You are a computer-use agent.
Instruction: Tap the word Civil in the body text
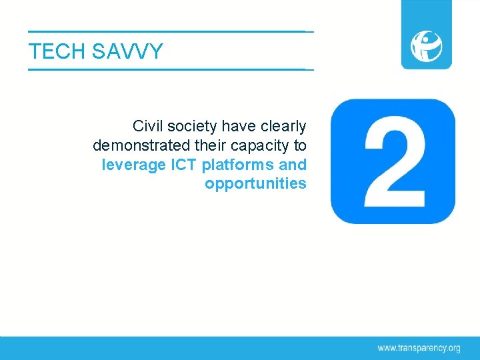point(146,125)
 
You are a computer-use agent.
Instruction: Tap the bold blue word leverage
point(134,164)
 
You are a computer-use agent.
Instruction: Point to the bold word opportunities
point(255,183)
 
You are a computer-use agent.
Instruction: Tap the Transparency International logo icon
point(426,46)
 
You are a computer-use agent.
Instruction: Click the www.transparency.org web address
point(419,347)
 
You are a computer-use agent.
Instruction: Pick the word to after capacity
point(299,145)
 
